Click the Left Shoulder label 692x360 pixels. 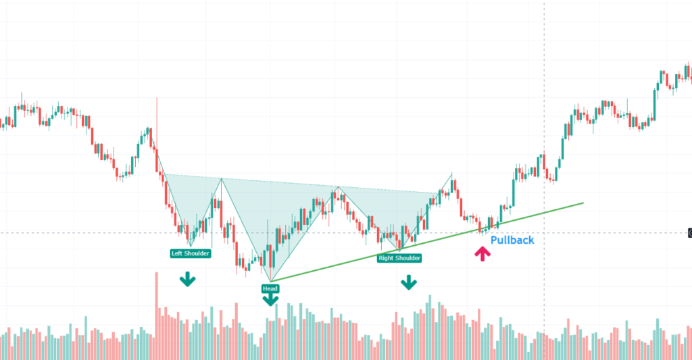pos(190,253)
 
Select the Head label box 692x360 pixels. pos(270,288)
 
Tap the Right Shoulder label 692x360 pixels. pos(399,258)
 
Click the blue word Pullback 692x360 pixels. pos(512,240)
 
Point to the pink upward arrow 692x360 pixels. pos(482,254)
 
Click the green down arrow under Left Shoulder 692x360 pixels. pos(187,279)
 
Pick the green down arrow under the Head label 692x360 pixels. pos(270,299)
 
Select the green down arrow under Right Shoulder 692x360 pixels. pos(408,282)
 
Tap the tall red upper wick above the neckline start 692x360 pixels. pos(157,115)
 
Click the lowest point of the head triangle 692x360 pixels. pos(270,281)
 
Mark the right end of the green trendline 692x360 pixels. pos(583,202)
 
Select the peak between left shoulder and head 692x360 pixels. pos(221,178)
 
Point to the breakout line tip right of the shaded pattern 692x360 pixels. pos(451,174)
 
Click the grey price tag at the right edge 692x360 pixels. pos(689,233)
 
